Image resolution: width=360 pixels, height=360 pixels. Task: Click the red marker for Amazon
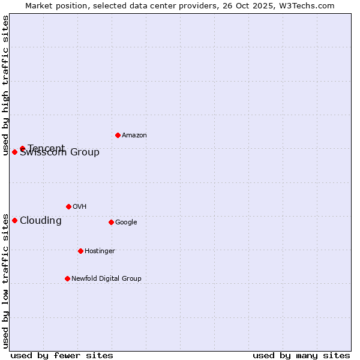pyautogui.click(x=118, y=135)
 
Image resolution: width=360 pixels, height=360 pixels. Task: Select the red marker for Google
pyautogui.click(x=111, y=222)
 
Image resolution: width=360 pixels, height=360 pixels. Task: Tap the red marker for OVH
pyautogui.click(x=68, y=206)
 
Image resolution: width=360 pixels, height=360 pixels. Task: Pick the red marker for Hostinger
pyautogui.click(x=80, y=251)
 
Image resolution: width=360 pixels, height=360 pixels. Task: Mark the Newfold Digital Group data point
pyautogui.click(x=67, y=278)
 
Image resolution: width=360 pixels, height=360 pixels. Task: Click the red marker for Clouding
pyautogui.click(x=14, y=220)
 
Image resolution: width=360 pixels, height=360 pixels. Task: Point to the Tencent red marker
pyautogui.click(x=22, y=148)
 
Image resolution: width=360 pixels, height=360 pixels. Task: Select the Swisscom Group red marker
pyautogui.click(x=14, y=152)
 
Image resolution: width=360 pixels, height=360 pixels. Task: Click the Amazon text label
pyautogui.click(x=134, y=136)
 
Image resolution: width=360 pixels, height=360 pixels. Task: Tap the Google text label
pyautogui.click(x=126, y=223)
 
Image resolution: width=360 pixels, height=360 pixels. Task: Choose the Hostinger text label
pyautogui.click(x=100, y=251)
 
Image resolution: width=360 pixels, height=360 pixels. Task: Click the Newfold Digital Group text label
pyautogui.click(x=106, y=279)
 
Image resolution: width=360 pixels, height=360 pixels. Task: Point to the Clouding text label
pyautogui.click(x=41, y=221)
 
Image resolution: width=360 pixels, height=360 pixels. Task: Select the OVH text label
pyautogui.click(x=80, y=207)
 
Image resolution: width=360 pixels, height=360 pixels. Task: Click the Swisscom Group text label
pyautogui.click(x=60, y=153)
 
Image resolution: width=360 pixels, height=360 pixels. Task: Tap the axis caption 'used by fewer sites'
pyautogui.click(x=62, y=355)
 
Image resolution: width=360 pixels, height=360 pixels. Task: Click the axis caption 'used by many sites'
pyautogui.click(x=301, y=355)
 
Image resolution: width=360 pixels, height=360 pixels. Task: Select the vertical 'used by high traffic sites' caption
pyautogui.click(x=5, y=85)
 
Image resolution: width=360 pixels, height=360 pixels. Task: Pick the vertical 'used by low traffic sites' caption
pyautogui.click(x=5, y=280)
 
